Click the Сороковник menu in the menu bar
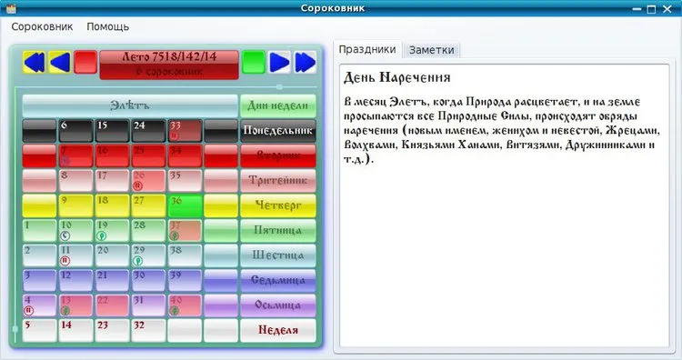pyautogui.click(x=42, y=27)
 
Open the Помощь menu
pyautogui.click(x=107, y=27)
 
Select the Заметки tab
pyautogui.click(x=431, y=50)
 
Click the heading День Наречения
pyautogui.click(x=398, y=77)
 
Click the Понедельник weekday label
pyautogui.click(x=277, y=131)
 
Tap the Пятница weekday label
pyautogui.click(x=277, y=230)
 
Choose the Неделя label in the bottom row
pyautogui.click(x=277, y=329)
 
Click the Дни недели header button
pyautogui.click(x=277, y=105)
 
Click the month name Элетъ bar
pyautogui.click(x=129, y=105)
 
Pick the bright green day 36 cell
pyautogui.click(x=184, y=205)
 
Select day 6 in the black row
pyautogui.click(x=75, y=131)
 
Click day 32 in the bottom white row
pyautogui.click(x=147, y=329)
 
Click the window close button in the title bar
pyautogui.click(x=670, y=8)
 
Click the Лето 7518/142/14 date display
pyautogui.click(x=168, y=62)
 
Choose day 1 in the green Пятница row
pyautogui.click(x=38, y=230)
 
